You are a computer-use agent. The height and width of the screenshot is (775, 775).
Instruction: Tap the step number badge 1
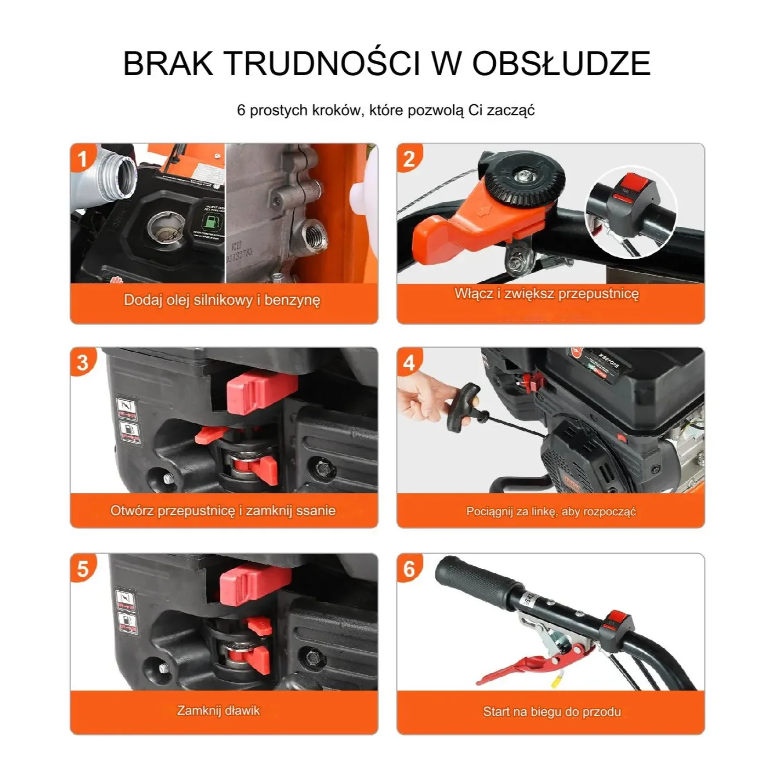click(82, 159)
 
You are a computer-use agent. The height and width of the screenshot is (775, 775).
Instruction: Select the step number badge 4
click(409, 363)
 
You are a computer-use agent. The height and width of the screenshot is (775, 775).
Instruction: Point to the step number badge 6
click(409, 569)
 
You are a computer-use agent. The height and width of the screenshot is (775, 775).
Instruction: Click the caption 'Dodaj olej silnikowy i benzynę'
click(222, 300)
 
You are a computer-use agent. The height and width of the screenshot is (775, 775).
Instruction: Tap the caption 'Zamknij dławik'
click(218, 710)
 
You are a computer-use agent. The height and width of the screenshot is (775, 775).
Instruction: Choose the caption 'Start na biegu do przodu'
click(551, 711)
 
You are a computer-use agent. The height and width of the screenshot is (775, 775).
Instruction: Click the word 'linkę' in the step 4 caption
click(542, 511)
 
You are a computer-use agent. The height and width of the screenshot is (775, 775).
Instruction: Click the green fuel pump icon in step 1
click(210, 222)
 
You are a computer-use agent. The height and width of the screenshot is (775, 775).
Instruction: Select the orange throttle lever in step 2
click(466, 226)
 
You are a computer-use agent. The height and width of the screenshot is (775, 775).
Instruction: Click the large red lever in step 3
click(262, 390)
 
